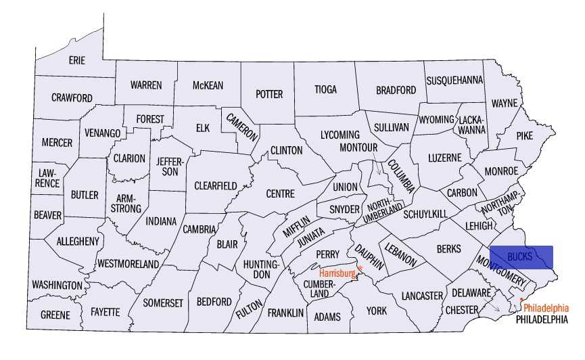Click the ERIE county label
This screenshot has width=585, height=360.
click(x=77, y=61)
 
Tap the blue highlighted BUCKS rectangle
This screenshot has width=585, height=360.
click(x=521, y=256)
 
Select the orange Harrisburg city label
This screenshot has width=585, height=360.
click(x=337, y=273)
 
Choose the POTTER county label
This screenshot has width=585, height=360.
click(x=269, y=94)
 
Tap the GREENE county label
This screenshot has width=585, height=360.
click(x=55, y=315)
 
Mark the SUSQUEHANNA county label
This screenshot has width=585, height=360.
click(x=454, y=80)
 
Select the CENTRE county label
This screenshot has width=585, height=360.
click(x=280, y=194)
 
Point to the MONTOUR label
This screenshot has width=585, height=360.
click(x=357, y=147)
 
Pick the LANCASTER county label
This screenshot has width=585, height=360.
click(x=421, y=296)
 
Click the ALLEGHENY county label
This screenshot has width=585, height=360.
click(x=78, y=241)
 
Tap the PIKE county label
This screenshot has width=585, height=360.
click(x=524, y=135)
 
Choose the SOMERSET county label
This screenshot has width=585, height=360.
click(x=163, y=303)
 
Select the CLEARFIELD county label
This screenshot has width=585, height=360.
click(x=215, y=185)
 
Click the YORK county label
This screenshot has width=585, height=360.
click(x=376, y=311)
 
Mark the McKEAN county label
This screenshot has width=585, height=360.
click(x=208, y=85)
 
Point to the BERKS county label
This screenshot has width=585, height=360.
click(x=448, y=249)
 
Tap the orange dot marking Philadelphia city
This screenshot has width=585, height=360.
click(x=521, y=298)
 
